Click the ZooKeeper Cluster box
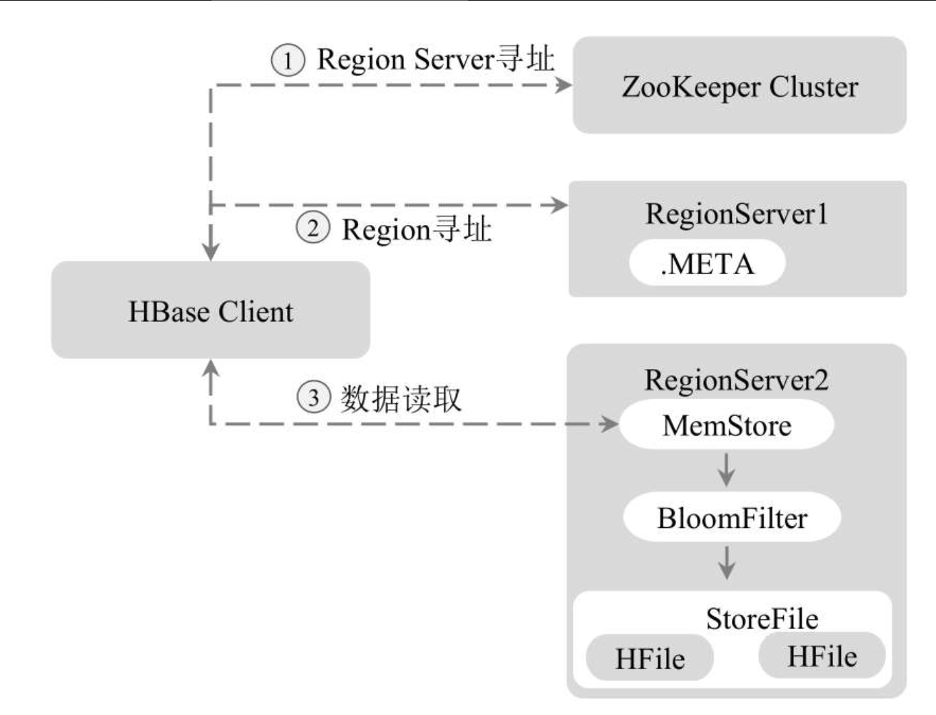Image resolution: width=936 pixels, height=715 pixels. [739, 86]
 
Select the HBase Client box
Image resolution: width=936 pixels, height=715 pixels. [211, 310]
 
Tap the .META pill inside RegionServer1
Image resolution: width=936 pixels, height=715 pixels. [707, 263]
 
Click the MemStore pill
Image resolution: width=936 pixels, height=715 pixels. [727, 424]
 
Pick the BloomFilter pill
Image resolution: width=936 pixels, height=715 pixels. [732, 517]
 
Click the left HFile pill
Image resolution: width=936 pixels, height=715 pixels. [650, 658]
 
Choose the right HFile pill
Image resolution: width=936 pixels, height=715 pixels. [822, 655]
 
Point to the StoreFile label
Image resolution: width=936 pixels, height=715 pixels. [762, 619]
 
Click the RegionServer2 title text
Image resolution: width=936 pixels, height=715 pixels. [737, 380]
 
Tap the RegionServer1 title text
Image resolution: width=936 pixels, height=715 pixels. [737, 213]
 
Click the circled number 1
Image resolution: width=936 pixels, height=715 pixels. [288, 60]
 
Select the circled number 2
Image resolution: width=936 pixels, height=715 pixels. [313, 228]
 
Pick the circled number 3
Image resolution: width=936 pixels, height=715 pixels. [313, 397]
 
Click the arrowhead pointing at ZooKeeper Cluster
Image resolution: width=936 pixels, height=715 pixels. [563, 85]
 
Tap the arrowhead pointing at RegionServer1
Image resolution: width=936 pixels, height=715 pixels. [559, 205]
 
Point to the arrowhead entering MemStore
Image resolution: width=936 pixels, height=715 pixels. [610, 423]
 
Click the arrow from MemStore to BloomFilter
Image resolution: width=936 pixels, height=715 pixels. [727, 470]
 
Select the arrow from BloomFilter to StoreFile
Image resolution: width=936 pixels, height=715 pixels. [727, 563]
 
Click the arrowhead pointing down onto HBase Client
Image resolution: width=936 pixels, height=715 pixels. [211, 252]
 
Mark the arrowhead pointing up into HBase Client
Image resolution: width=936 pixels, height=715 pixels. [211, 368]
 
